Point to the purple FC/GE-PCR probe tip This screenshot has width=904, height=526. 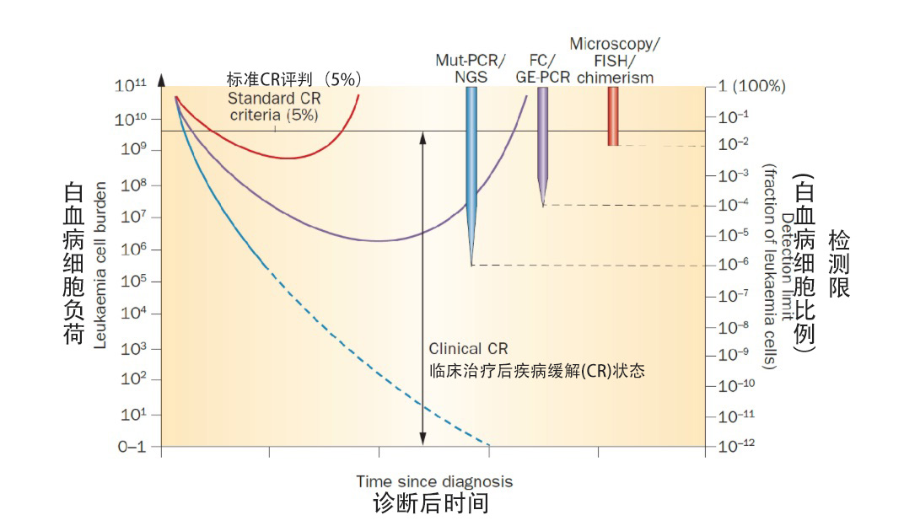point(543,202)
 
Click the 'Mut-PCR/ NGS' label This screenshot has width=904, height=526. point(471,68)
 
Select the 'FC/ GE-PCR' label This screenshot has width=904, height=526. point(542,68)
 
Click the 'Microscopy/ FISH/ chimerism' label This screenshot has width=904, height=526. point(614,60)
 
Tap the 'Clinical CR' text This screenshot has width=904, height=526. point(469,348)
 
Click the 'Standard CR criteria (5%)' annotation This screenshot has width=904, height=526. point(274,107)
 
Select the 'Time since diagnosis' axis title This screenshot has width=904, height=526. point(434,481)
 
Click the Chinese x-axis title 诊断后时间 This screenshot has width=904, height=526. point(431,504)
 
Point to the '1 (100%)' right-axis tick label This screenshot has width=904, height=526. point(751,86)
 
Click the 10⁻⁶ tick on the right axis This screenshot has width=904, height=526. point(734,264)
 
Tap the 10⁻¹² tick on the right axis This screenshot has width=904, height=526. point(735,447)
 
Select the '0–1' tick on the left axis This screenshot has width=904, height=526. point(131,447)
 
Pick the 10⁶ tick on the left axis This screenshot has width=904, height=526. point(130,250)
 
